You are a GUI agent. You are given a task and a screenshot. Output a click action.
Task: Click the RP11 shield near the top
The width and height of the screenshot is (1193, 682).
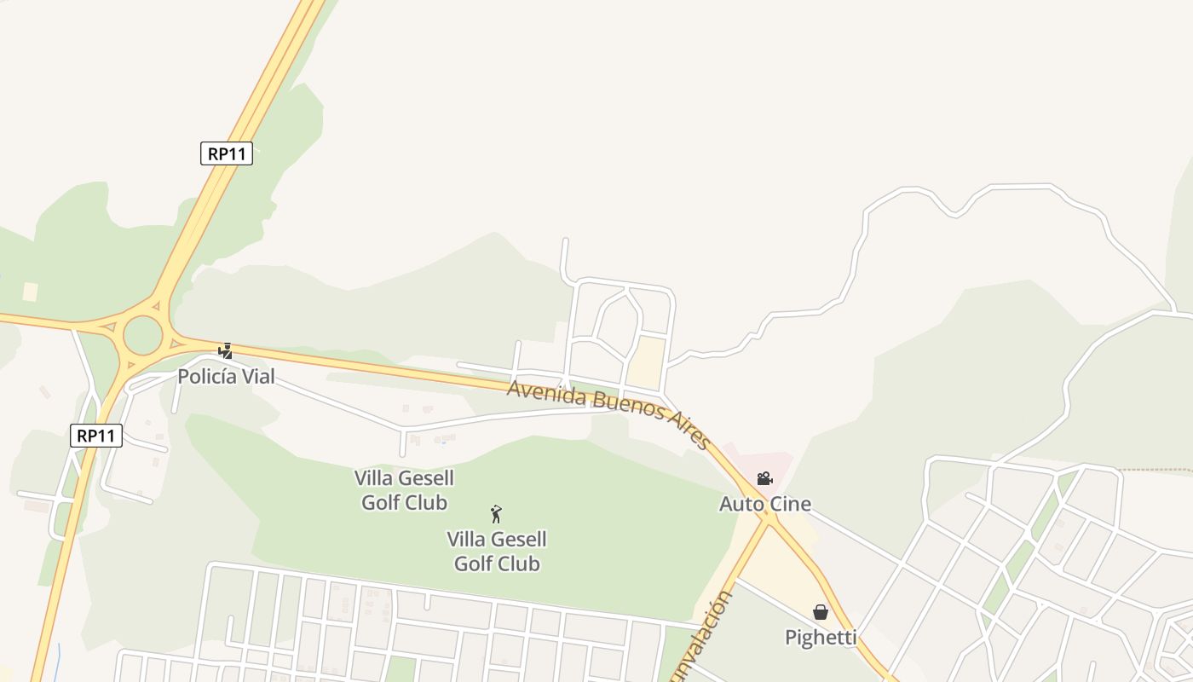click(x=227, y=153)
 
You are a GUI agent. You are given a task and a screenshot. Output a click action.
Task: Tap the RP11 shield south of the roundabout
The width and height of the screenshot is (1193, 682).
click(x=96, y=436)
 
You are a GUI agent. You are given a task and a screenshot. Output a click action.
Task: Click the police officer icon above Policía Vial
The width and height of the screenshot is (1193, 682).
click(x=225, y=350)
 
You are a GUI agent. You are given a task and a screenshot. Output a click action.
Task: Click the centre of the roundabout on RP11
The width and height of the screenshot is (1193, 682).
click(x=143, y=335)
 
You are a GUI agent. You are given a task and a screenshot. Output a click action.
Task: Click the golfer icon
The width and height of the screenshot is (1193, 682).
click(x=496, y=514)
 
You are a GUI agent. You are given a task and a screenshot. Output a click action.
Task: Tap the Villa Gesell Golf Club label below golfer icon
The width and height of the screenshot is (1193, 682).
click(x=497, y=552)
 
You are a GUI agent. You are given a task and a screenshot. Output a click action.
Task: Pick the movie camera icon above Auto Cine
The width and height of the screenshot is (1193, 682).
click(x=764, y=479)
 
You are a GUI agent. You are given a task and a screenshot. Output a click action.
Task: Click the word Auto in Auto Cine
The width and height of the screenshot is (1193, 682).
click(x=738, y=504)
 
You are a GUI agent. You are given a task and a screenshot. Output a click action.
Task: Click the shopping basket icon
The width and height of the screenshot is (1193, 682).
click(x=821, y=612)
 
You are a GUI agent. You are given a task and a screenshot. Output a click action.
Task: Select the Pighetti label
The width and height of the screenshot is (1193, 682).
click(x=821, y=637)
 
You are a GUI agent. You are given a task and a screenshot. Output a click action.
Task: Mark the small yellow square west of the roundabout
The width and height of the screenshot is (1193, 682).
click(x=30, y=292)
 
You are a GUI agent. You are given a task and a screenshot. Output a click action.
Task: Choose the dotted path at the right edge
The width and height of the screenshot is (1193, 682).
click(x=1159, y=470)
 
